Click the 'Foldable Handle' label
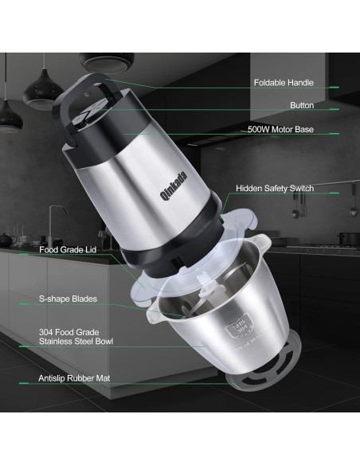(284, 82)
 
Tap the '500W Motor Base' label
(280, 128)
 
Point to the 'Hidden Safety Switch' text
(275, 189)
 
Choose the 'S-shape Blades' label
(68, 299)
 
